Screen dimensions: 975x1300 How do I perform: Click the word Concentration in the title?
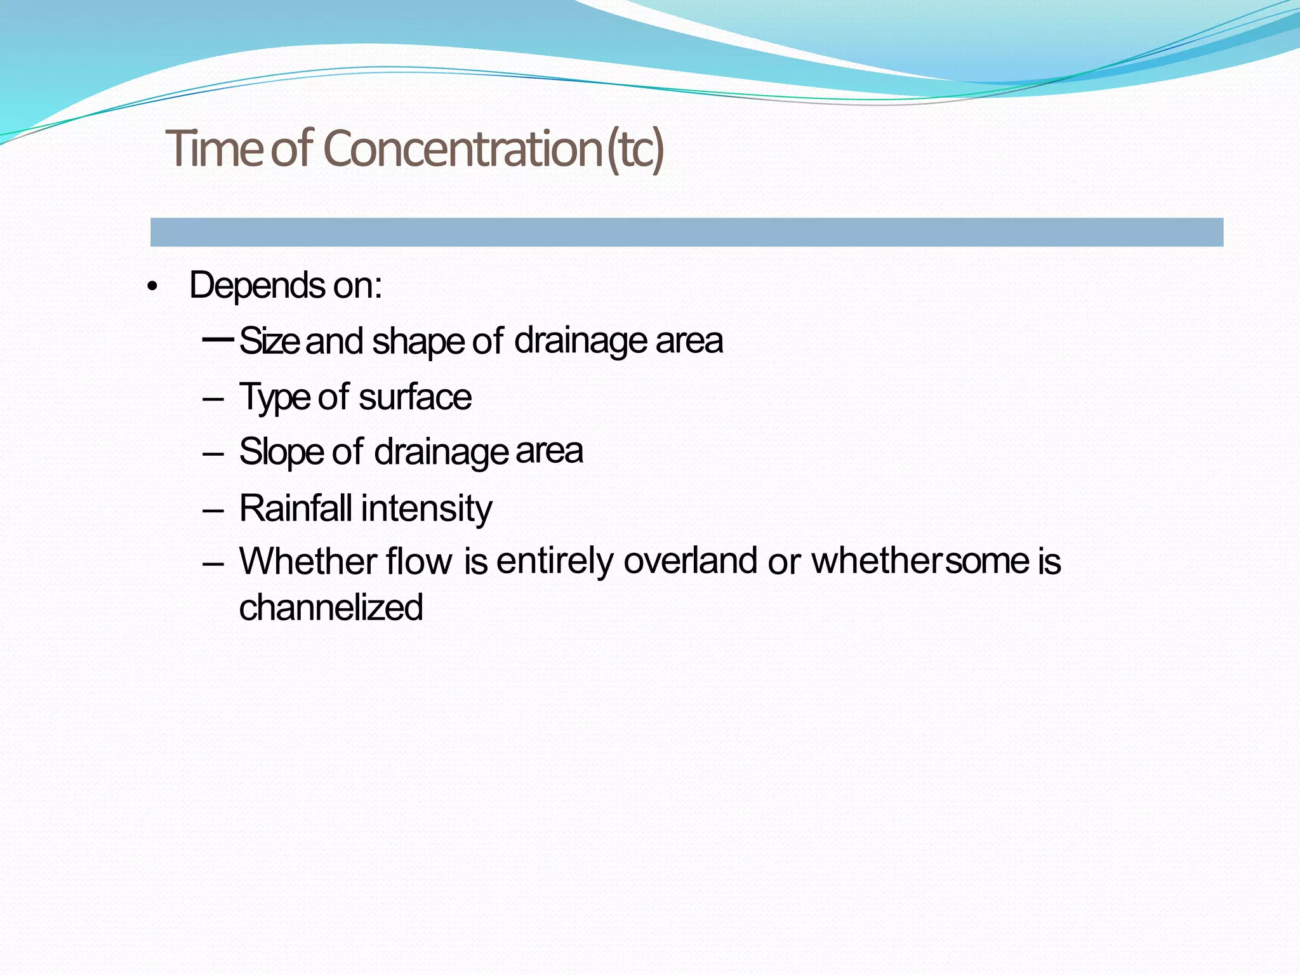click(462, 149)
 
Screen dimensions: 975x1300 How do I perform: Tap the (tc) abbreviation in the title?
click(635, 149)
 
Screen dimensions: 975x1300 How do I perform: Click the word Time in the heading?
click(215, 149)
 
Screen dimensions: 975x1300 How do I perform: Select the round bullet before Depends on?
click(151, 288)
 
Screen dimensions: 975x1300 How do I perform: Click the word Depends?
click(257, 286)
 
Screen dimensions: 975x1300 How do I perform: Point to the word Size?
click(269, 341)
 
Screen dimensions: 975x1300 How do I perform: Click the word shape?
click(418, 342)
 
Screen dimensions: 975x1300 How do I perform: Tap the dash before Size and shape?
click(218, 339)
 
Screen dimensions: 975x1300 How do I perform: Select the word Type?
click(274, 398)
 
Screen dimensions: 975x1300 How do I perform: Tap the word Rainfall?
click(295, 508)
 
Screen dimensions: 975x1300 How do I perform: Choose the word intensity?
click(427, 509)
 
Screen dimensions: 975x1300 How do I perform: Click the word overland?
click(690, 561)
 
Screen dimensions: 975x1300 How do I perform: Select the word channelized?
click(331, 607)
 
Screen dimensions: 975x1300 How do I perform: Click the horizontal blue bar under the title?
click(686, 232)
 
